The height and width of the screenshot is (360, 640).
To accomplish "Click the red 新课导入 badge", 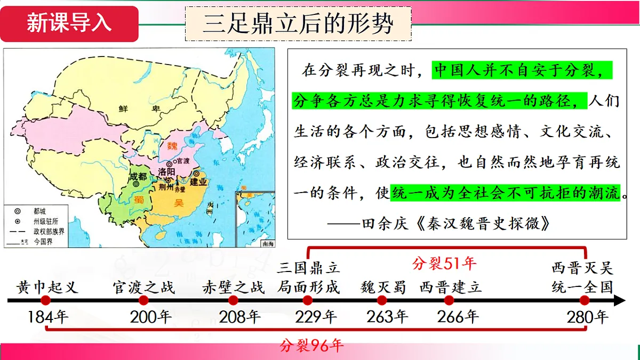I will pyautogui.click(x=69, y=23).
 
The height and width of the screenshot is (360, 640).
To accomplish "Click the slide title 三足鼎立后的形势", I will pyautogui.click(x=298, y=24).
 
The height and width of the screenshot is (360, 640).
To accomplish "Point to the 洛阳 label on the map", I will pyautogui.click(x=166, y=171).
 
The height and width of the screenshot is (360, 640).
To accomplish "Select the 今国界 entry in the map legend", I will pyautogui.click(x=43, y=242).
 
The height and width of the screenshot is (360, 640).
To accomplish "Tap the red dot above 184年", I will pyautogui.click(x=46, y=301).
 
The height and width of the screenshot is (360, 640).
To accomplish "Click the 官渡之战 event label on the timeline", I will pyautogui.click(x=144, y=287).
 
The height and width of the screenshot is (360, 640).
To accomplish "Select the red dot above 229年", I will pyautogui.click(x=308, y=301).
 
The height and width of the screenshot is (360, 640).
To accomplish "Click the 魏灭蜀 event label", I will pyautogui.click(x=383, y=287).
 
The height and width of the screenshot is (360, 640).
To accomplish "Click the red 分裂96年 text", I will pyautogui.click(x=312, y=346).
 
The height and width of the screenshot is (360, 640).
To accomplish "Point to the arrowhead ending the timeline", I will pyautogui.click(x=620, y=301).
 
